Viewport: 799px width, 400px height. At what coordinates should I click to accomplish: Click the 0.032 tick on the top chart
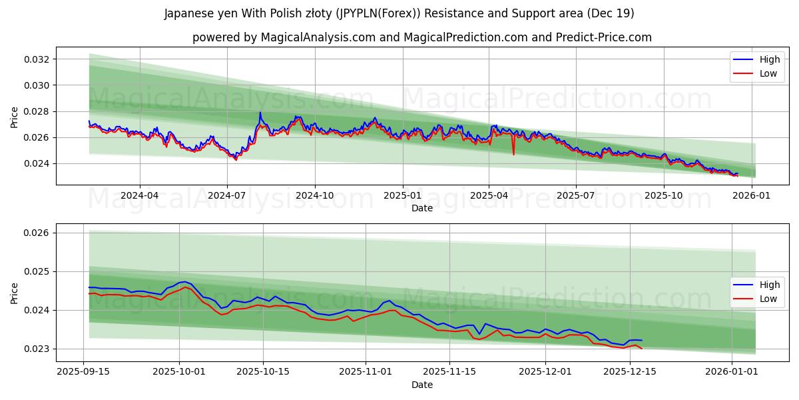click(x=38, y=59)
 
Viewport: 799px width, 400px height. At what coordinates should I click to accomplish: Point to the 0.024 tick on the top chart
click(x=38, y=163)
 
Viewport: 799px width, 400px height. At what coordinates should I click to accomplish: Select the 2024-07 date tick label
click(x=227, y=195)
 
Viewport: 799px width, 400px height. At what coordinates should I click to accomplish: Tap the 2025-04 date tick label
click(x=489, y=195)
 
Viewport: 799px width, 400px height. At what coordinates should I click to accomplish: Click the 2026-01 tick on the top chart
click(x=752, y=195)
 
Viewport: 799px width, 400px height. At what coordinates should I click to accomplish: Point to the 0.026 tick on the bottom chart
click(x=38, y=233)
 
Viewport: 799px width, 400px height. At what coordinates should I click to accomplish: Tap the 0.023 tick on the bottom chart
click(x=38, y=349)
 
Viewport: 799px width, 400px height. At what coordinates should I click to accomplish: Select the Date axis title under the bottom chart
click(x=421, y=385)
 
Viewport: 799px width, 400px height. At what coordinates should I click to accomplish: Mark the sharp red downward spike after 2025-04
click(x=513, y=154)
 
